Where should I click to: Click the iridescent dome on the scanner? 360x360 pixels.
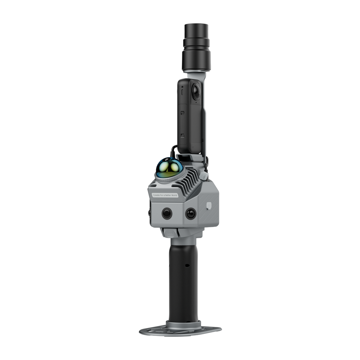click(x=169, y=167)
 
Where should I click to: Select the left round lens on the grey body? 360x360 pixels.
click(x=166, y=213)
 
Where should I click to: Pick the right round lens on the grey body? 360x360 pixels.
click(x=191, y=213)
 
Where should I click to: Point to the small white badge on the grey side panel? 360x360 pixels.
click(x=208, y=205)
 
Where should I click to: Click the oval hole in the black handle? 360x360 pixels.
click(x=187, y=265)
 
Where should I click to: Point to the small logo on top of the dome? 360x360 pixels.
click(x=167, y=159)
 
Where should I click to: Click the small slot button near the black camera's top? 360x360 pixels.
click(x=183, y=88)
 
